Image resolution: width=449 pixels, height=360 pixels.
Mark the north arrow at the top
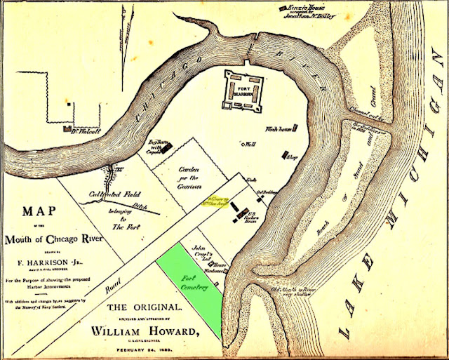(126, 28)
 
